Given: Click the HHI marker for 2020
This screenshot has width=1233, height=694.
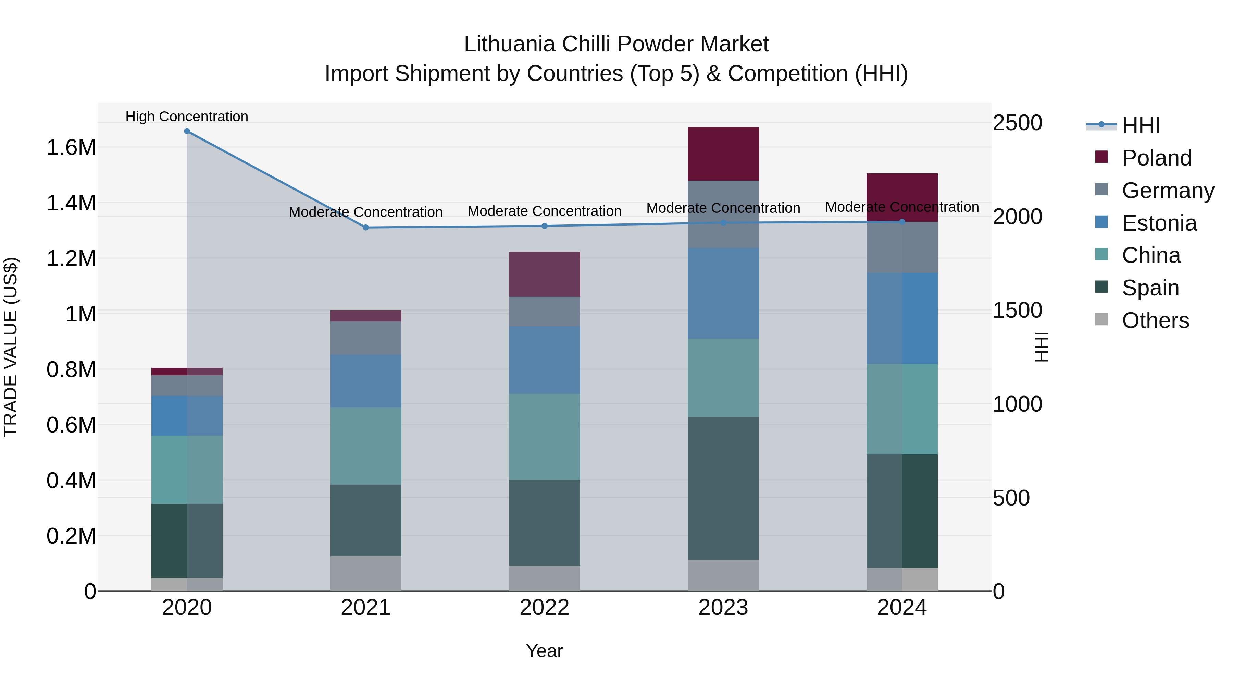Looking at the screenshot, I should (x=187, y=131).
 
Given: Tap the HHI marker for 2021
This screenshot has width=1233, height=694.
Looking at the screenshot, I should (x=366, y=228).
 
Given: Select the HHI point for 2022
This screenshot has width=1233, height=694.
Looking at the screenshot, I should (x=544, y=226).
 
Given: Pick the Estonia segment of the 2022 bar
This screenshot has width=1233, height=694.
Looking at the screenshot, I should (x=544, y=360).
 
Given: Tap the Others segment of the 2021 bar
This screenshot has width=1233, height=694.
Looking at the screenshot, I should (x=366, y=573).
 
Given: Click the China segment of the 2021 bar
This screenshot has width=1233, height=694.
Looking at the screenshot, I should (x=366, y=446).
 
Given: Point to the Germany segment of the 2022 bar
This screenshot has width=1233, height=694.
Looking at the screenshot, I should (x=544, y=312).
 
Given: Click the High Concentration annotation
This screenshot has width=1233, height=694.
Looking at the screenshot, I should (x=187, y=117).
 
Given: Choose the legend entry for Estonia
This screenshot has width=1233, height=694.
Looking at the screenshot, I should (x=1159, y=223).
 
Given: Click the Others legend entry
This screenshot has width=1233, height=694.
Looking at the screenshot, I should (x=1155, y=320).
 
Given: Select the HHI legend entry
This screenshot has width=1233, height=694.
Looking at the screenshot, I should (x=1141, y=125).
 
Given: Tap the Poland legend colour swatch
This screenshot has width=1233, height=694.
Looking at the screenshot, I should (x=1101, y=157).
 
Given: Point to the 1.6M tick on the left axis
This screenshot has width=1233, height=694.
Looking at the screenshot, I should (x=71, y=147).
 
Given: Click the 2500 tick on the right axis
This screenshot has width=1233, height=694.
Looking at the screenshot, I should (x=1017, y=123).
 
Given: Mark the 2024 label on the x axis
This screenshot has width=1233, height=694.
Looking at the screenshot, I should (x=902, y=608).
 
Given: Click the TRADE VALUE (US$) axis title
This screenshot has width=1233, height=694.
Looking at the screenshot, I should (x=11, y=347).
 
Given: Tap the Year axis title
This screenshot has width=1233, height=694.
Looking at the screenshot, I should (x=544, y=651).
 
